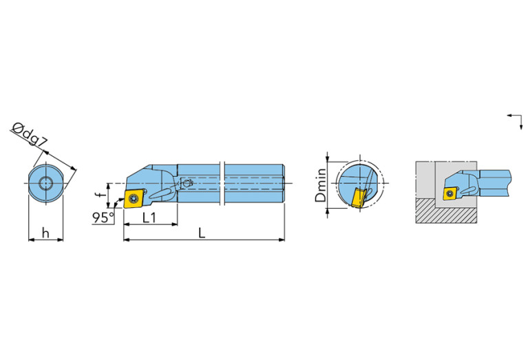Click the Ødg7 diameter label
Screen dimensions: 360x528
30,135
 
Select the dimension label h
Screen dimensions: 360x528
45,233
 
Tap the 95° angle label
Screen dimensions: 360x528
103,218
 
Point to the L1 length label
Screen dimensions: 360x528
149,218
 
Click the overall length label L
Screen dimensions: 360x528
202,233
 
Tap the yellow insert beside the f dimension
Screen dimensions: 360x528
132,198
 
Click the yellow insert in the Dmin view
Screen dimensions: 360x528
359,198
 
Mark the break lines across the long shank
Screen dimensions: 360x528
222,184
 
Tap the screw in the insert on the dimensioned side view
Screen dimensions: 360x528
132,198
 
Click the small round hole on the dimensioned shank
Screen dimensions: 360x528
186,184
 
